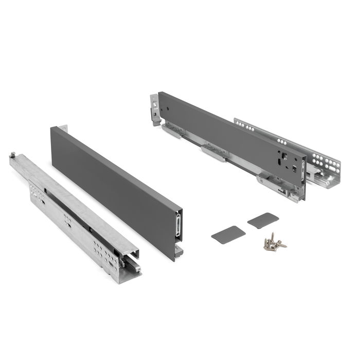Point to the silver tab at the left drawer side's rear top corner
click(62, 128)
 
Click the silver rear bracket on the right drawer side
click(154, 110)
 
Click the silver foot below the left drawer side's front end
click(178, 250)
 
